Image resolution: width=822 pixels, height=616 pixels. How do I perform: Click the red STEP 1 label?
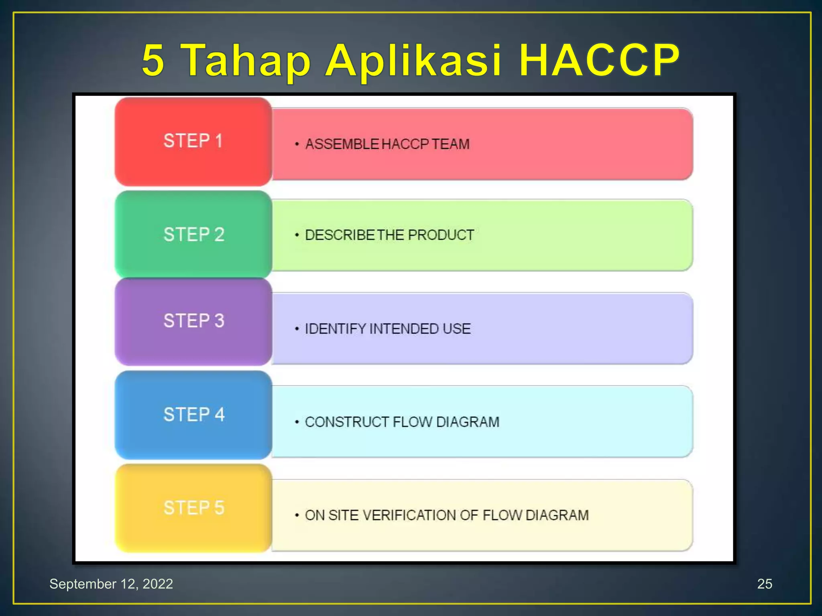tap(193, 141)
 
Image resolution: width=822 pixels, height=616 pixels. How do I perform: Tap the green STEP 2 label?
tap(193, 235)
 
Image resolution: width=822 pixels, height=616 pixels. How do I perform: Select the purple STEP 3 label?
tap(193, 321)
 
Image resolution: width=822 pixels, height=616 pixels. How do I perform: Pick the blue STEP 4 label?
tap(193, 415)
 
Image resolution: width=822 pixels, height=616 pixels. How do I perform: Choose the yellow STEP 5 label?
tap(193, 508)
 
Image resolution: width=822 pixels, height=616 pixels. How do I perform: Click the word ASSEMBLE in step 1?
tap(342, 144)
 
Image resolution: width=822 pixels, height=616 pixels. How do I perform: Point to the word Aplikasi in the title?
tap(413, 61)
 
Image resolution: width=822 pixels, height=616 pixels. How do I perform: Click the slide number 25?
tap(764, 584)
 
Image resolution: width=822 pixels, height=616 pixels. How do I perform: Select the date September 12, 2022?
tap(111, 584)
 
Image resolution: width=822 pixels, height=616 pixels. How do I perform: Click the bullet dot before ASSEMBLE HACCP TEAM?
tap(297, 144)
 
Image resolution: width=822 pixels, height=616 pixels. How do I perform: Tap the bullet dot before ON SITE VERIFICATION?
tap(297, 515)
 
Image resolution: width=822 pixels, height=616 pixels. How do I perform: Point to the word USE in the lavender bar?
tap(456, 329)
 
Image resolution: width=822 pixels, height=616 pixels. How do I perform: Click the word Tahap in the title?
tap(247, 61)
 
